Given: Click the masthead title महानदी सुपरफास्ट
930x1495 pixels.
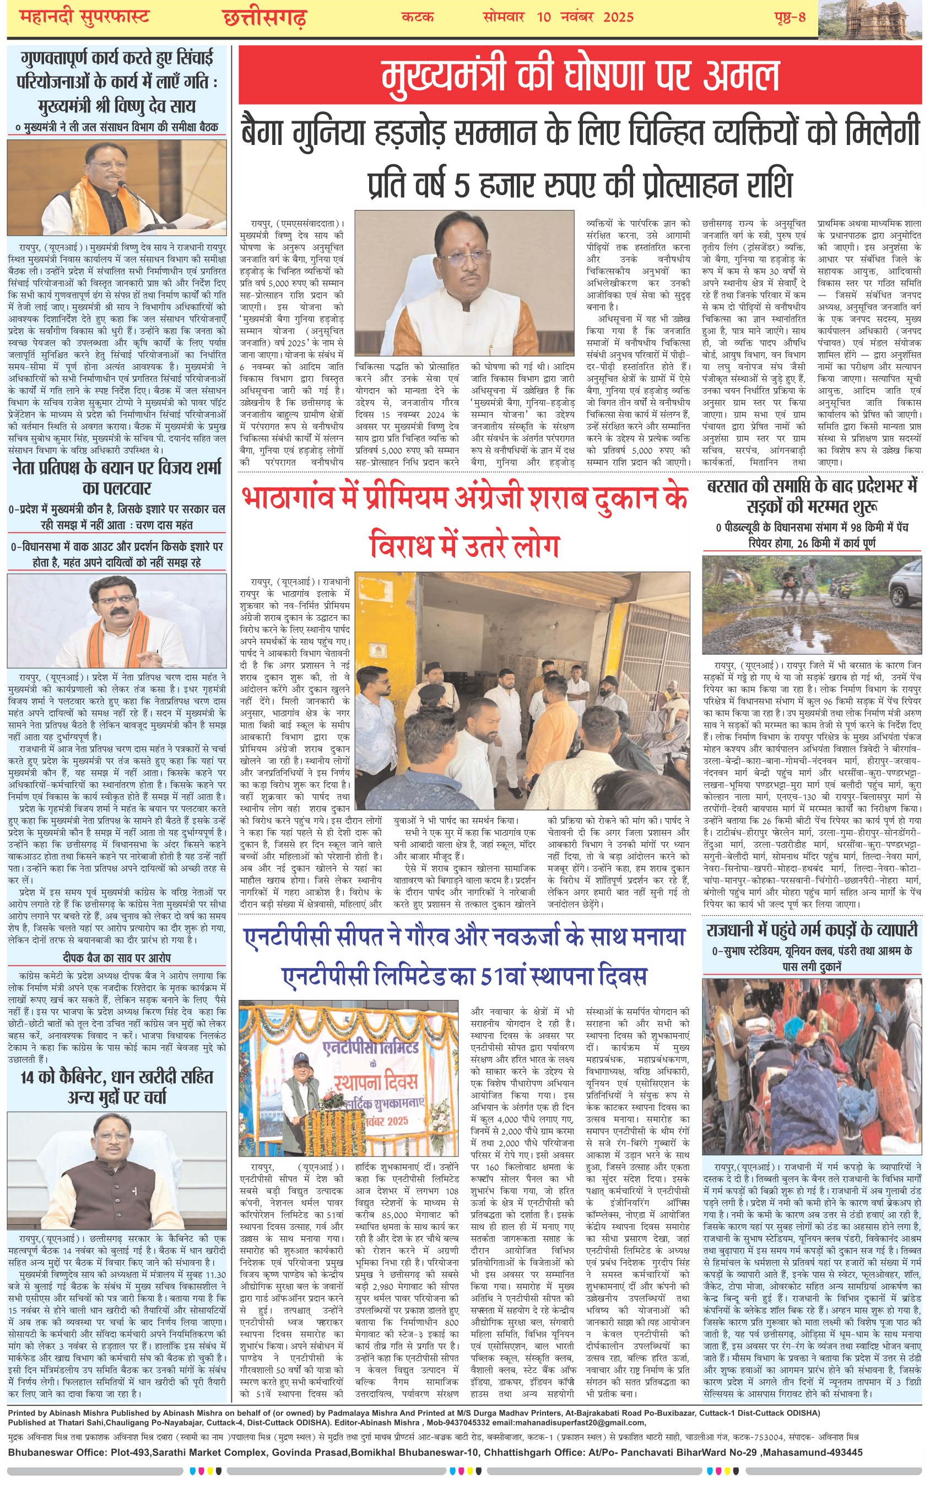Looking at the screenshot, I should (x=84, y=17).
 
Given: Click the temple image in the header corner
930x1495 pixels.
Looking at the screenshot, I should (x=873, y=20).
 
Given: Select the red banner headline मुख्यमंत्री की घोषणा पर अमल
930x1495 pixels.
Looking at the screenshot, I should (x=580, y=75).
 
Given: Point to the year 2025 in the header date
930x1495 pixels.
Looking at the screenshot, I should (x=618, y=17).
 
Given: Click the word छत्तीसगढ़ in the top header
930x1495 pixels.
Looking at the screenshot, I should (x=264, y=18).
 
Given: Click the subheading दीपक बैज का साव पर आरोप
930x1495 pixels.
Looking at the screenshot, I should (x=116, y=958).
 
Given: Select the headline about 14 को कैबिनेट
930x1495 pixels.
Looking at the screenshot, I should (x=116, y=1087).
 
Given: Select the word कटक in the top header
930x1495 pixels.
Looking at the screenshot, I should (x=417, y=17).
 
